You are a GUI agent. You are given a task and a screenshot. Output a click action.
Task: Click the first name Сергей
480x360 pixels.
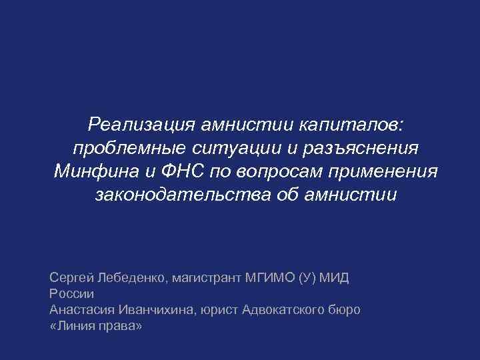coord(71,277)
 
